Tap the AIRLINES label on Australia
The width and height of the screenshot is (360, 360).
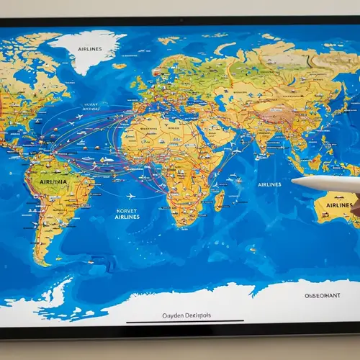[339, 205]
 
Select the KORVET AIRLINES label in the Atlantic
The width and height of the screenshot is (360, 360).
[127, 214]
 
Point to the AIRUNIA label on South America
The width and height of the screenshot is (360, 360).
[57, 183]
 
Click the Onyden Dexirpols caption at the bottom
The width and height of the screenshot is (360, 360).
[184, 315]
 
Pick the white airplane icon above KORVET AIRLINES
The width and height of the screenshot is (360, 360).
[132, 197]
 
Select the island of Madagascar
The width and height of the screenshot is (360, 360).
[218, 198]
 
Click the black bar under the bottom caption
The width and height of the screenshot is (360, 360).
[184, 322]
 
